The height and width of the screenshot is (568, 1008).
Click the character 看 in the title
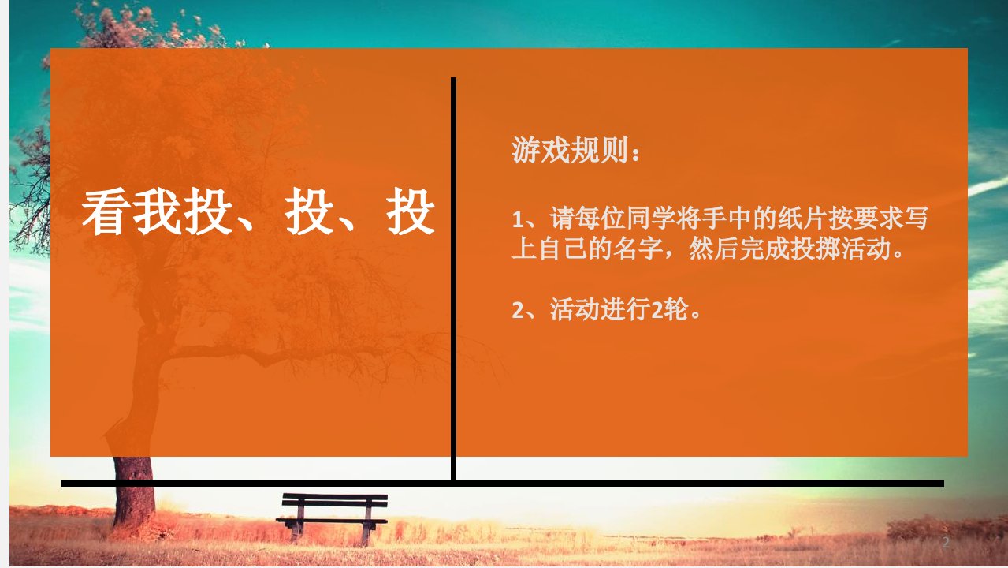coord(106,211)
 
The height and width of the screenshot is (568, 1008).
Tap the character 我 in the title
coord(157,211)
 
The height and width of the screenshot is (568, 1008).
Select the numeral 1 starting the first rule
coord(517,220)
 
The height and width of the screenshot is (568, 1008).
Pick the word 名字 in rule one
coord(638,248)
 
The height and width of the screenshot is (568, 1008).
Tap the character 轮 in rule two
coord(675,309)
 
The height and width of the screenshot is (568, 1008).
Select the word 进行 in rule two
coord(626,309)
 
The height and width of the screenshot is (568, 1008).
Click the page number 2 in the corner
coord(946,542)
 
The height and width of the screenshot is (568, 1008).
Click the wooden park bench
coord(332,518)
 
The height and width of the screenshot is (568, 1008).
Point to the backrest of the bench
coord(335,500)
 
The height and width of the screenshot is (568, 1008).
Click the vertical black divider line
coord(454,279)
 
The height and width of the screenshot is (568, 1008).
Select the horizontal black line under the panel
coord(503,484)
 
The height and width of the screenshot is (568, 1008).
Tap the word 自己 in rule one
coord(563,248)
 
